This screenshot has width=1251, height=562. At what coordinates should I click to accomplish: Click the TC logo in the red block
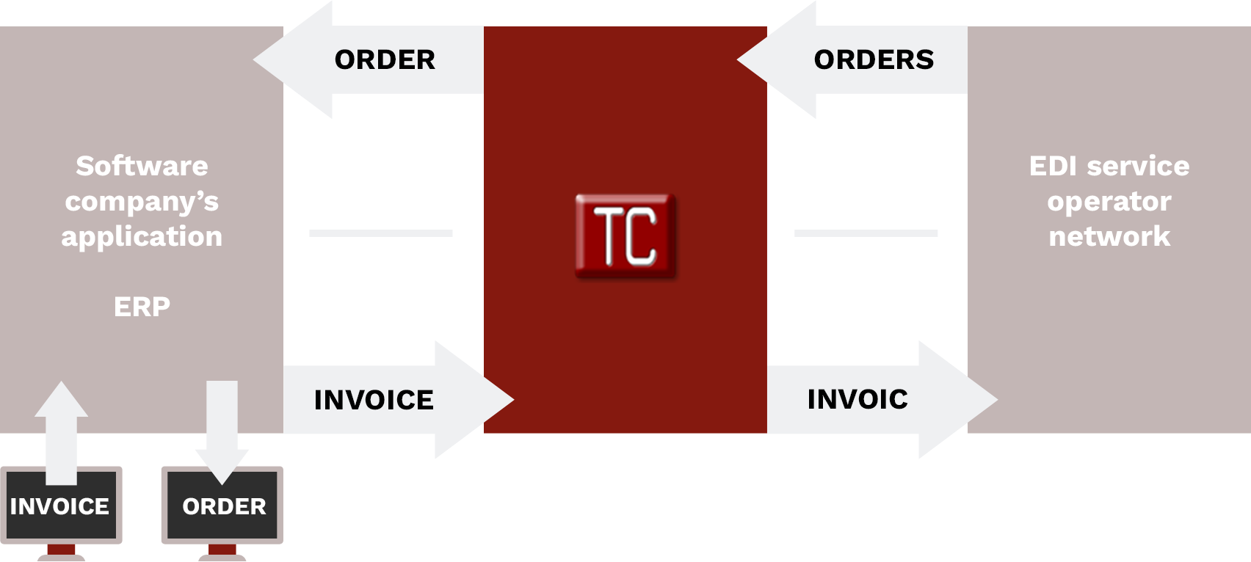pyautogui.click(x=625, y=235)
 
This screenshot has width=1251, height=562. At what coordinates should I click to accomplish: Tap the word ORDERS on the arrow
pyautogui.click(x=874, y=59)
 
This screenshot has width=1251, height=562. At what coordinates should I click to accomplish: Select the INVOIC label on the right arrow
pyautogui.click(x=857, y=399)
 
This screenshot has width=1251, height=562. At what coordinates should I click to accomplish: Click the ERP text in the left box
pyautogui.click(x=142, y=306)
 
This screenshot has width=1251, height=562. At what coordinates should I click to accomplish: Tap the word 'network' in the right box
pyautogui.click(x=1109, y=236)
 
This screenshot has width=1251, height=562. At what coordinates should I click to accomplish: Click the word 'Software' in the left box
pyautogui.click(x=142, y=166)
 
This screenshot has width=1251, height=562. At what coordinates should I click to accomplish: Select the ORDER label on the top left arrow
pyautogui.click(x=385, y=59)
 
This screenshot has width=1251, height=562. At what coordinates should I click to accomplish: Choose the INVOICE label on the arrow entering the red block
pyautogui.click(x=374, y=400)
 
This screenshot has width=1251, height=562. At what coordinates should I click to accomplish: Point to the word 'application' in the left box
pyautogui.click(x=142, y=236)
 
